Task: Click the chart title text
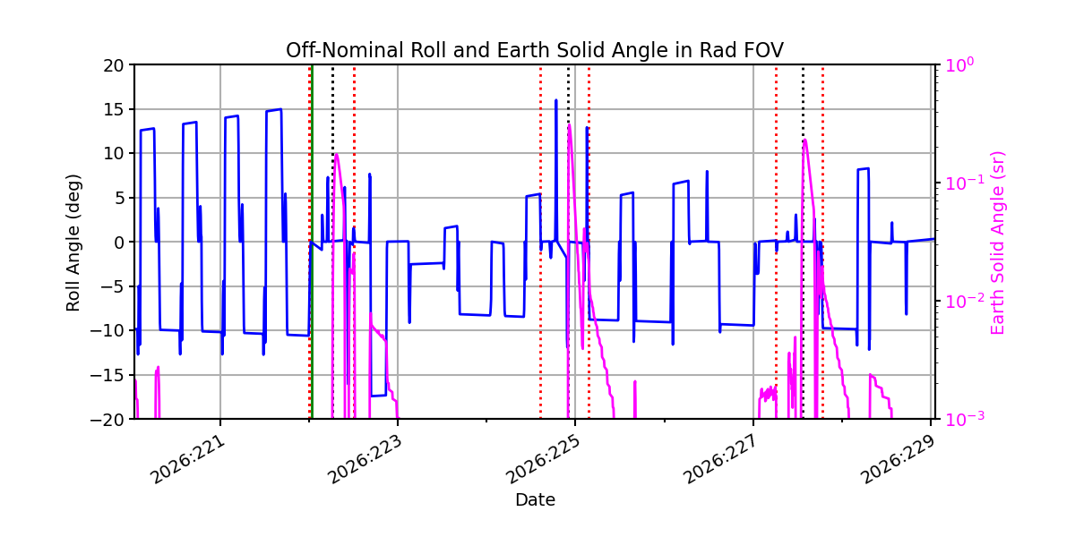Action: (x=535, y=50)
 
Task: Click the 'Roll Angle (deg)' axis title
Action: (x=73, y=243)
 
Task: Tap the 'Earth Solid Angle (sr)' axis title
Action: (x=997, y=243)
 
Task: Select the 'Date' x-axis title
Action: (x=535, y=500)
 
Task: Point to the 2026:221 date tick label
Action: (x=187, y=460)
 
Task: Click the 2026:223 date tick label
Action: (x=365, y=460)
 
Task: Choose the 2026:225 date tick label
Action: (x=543, y=460)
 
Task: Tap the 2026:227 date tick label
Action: (x=720, y=460)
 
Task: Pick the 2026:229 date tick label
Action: (x=898, y=460)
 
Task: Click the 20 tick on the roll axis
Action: (x=113, y=65)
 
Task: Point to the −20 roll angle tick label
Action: (x=109, y=420)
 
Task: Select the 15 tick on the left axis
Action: (x=113, y=109)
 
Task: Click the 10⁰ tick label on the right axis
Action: (x=959, y=64)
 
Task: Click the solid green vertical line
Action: (x=313, y=242)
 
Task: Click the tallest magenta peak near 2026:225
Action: (x=569, y=125)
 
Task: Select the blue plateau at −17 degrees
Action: (x=379, y=396)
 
